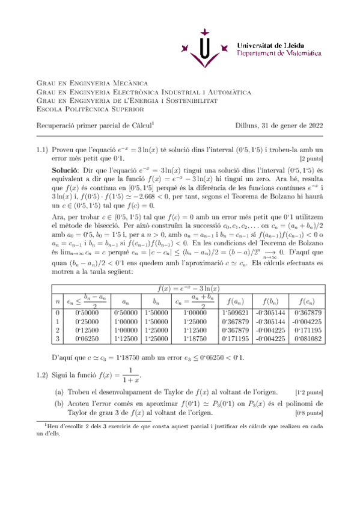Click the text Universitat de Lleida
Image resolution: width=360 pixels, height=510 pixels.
[269, 45]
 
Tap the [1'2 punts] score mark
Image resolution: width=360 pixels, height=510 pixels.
[309, 392]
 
